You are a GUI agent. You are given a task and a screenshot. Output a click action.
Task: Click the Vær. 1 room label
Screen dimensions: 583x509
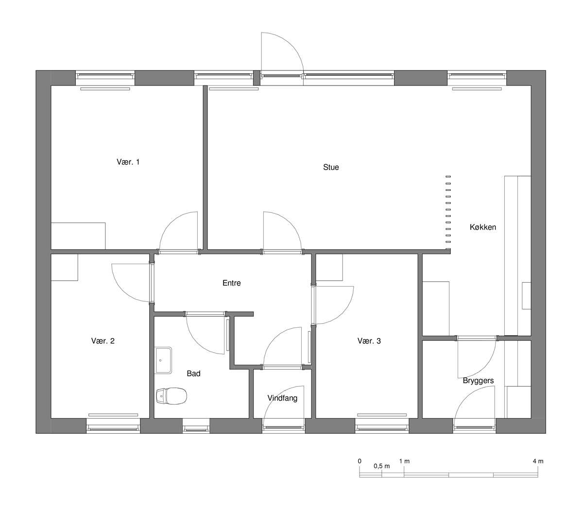(x=128, y=162)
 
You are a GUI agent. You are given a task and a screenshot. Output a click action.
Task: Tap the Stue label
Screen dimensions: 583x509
(x=331, y=167)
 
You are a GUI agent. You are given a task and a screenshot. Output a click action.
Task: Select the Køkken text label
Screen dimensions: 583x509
(x=483, y=227)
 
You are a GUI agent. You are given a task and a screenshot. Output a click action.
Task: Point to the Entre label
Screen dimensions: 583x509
(x=231, y=283)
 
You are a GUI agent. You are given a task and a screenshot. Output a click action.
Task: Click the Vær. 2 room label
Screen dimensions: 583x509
(x=103, y=341)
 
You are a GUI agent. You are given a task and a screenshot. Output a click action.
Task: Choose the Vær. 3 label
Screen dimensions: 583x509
(x=369, y=341)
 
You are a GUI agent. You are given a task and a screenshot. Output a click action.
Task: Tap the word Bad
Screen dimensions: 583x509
(x=193, y=373)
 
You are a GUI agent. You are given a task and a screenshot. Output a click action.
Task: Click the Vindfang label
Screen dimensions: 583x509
(x=282, y=398)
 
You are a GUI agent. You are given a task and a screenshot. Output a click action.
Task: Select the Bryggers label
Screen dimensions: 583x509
(x=478, y=381)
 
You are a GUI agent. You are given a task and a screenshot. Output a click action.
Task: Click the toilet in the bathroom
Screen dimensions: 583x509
(x=171, y=396)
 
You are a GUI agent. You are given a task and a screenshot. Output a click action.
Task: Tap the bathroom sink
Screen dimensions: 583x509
(x=163, y=360)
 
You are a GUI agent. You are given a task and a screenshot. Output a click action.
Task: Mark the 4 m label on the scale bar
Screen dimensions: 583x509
(x=538, y=469)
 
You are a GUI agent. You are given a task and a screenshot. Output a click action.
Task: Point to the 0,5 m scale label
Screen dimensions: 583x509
(x=381, y=474)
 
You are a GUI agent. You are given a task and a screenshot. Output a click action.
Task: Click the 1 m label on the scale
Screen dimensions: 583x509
(x=404, y=469)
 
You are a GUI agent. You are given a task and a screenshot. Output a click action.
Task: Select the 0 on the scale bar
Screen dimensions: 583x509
(x=360, y=469)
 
